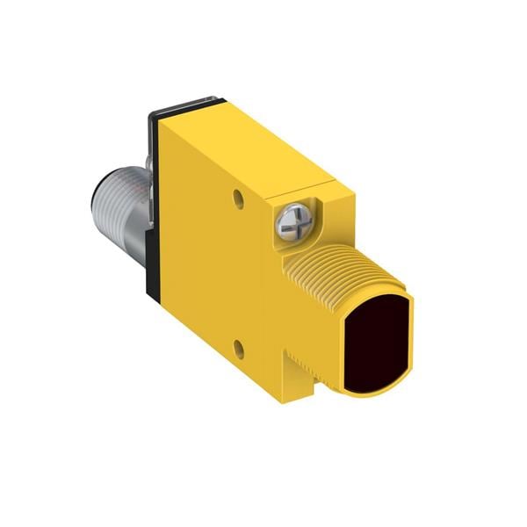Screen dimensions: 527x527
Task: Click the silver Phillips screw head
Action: [293, 220]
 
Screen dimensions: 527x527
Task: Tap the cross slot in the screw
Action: [293, 220]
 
